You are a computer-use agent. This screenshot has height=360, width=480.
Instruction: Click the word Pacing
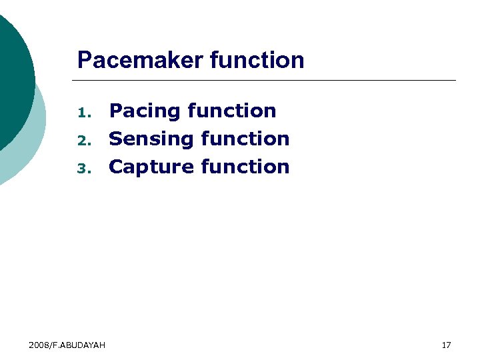click(145, 111)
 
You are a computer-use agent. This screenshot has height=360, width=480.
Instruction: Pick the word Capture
click(151, 167)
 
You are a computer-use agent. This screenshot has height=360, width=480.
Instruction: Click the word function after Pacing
click(232, 111)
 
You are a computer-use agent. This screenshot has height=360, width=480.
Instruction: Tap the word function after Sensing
click(245, 139)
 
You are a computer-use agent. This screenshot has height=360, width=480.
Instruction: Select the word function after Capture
click(245, 167)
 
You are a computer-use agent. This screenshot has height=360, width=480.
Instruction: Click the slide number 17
click(447, 345)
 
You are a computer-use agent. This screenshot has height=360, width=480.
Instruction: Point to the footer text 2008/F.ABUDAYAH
click(67, 345)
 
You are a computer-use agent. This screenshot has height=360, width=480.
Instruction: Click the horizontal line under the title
click(267, 80)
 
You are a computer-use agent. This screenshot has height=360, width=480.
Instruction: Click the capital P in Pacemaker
click(84, 61)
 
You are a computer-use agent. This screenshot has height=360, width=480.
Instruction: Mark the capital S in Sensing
click(116, 139)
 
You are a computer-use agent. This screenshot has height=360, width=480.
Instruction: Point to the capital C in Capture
click(117, 167)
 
